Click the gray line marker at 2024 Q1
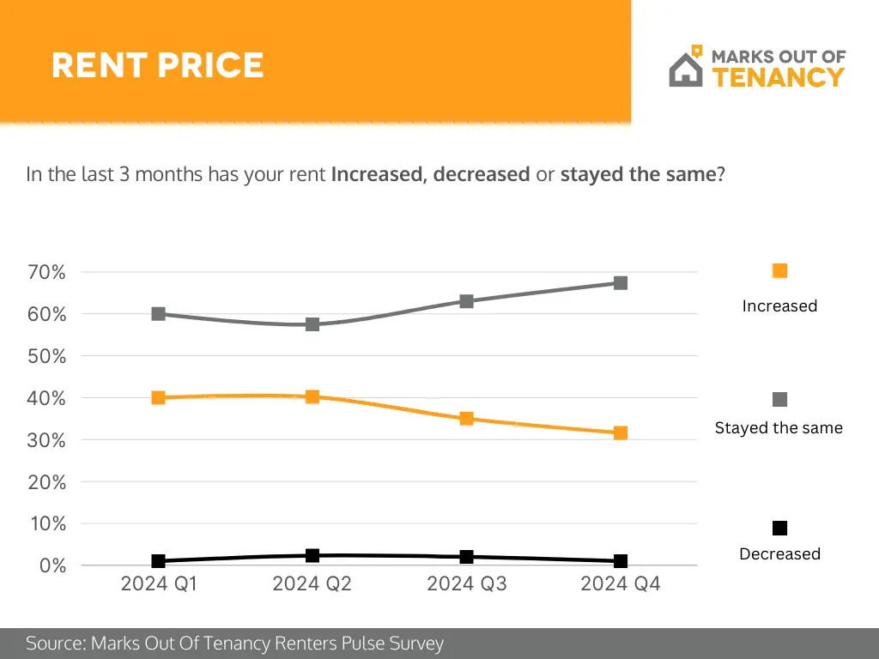(159, 314)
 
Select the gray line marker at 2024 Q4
(621, 282)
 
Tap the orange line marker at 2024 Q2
(312, 396)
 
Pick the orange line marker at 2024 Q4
(621, 433)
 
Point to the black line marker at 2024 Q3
(467, 557)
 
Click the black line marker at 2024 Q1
(159, 561)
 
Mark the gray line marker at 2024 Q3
(467, 301)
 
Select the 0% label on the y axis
(52, 565)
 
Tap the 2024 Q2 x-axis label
(312, 584)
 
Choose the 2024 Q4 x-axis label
(621, 584)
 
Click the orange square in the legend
(779, 271)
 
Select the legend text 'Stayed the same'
(779, 427)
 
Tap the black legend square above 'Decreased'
(779, 528)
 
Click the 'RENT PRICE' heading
(157, 65)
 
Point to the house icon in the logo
(686, 69)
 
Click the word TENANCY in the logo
(779, 77)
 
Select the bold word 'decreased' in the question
(481, 174)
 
